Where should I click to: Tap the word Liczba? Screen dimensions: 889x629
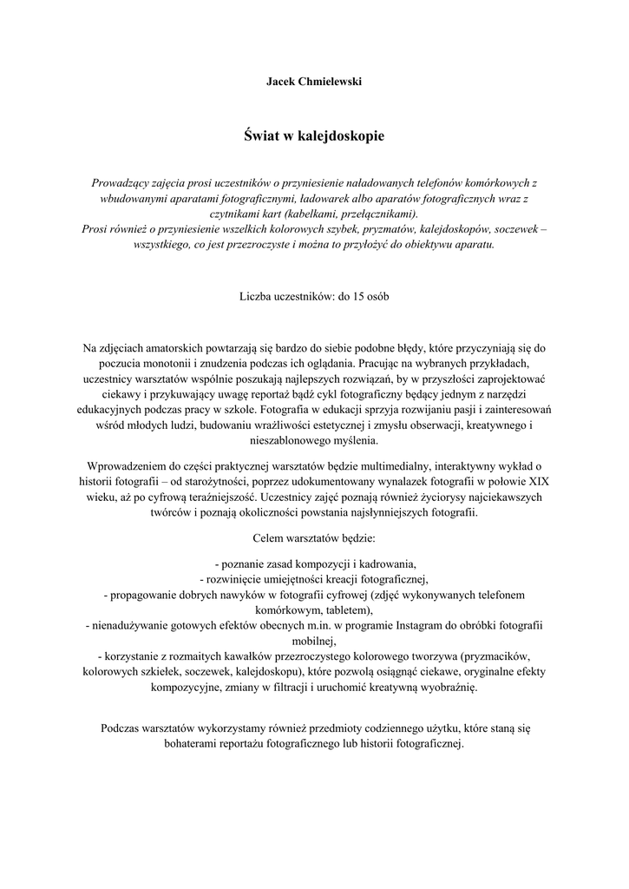(257, 296)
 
